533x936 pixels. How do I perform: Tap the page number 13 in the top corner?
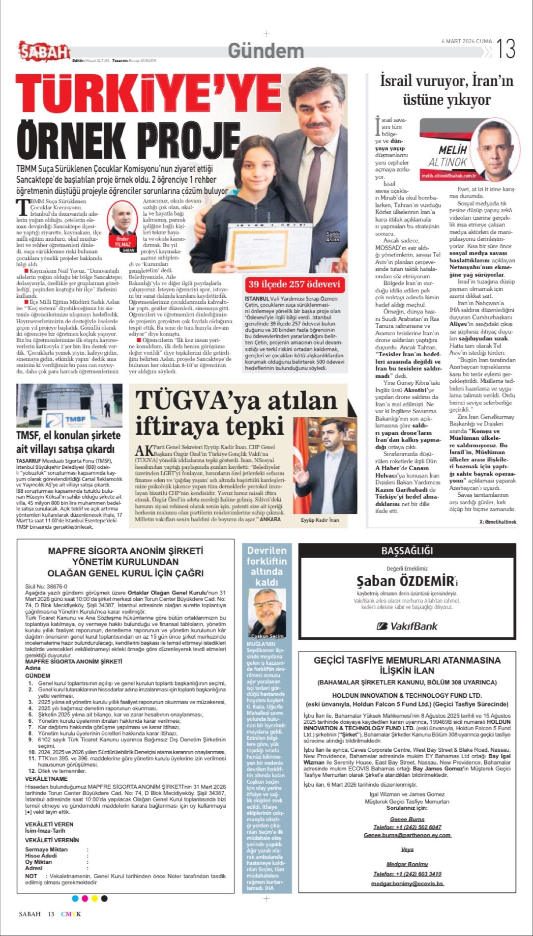[x=505, y=49]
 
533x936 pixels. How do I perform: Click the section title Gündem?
[x=266, y=51]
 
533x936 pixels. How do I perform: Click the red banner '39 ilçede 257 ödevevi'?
[x=294, y=284]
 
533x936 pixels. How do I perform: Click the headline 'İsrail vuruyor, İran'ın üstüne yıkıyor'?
[x=446, y=90]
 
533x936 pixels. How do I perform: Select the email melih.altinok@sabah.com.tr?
[x=449, y=175]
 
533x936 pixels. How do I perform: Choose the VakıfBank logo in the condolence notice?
[x=407, y=626]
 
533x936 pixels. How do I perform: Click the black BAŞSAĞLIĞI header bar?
[x=407, y=551]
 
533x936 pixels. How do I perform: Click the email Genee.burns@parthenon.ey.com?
[x=407, y=835]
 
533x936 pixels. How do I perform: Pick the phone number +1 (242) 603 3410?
[x=407, y=874]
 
